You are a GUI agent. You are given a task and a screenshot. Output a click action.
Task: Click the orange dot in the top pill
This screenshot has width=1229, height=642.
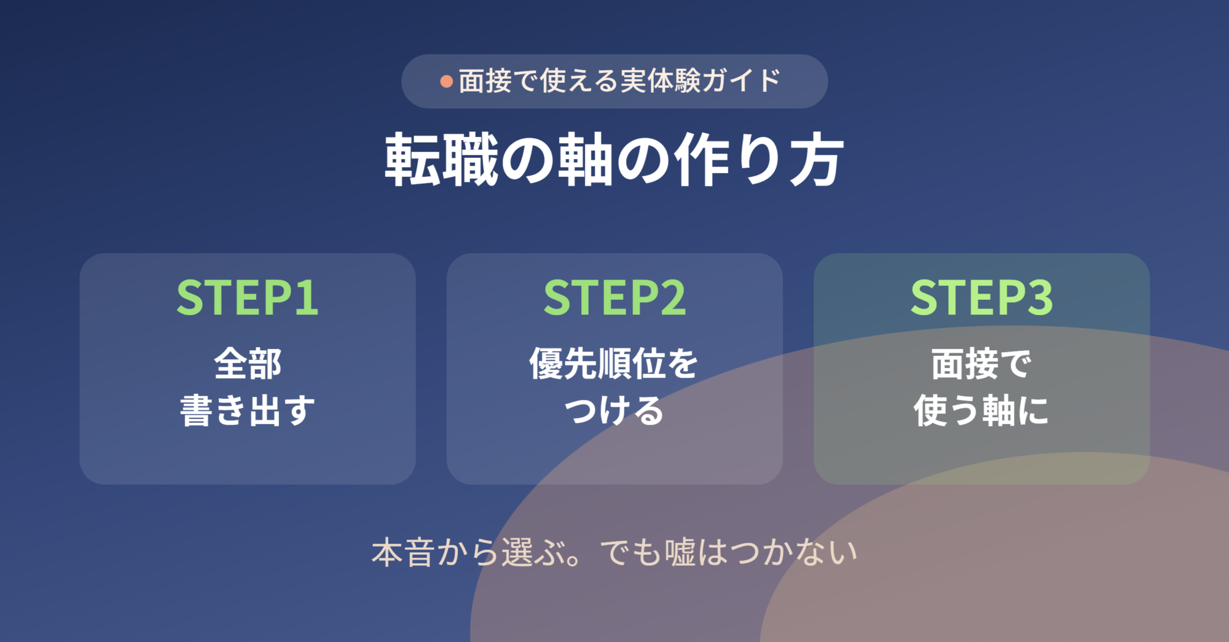[447, 82]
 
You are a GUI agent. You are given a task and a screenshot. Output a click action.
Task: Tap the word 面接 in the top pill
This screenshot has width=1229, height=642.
[485, 81]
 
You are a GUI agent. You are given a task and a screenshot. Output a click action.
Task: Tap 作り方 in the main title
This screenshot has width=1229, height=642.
[759, 160]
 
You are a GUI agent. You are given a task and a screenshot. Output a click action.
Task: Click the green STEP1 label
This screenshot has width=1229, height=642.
[248, 298]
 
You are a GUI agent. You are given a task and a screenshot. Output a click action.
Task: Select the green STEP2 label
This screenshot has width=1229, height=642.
[614, 298]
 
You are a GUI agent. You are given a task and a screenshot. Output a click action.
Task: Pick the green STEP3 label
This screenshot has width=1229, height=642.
[982, 298]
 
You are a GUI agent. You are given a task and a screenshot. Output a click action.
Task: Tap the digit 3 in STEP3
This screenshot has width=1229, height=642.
[1040, 298]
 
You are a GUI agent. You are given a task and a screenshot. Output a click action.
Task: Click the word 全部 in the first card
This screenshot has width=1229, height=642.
[248, 364]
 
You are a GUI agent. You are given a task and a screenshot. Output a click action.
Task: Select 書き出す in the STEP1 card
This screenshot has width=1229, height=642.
[248, 410]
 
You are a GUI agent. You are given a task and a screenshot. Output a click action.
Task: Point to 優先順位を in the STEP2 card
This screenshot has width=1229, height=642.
[614, 364]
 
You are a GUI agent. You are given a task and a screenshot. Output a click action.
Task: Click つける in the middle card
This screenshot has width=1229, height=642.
[614, 410]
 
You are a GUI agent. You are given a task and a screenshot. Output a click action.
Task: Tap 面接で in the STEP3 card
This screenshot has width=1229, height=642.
[981, 364]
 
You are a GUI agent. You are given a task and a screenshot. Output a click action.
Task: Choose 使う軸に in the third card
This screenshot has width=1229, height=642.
[981, 410]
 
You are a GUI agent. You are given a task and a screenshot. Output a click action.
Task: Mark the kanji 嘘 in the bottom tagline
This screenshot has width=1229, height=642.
[680, 552]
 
